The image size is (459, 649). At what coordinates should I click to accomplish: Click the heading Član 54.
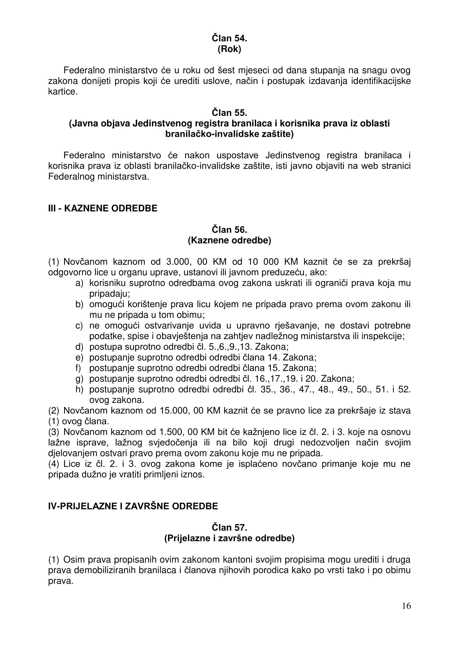(x=229, y=39)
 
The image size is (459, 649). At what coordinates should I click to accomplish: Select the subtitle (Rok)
(x=229, y=49)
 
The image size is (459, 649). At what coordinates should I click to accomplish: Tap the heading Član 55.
(x=229, y=113)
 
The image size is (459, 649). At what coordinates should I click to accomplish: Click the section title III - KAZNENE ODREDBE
(x=103, y=208)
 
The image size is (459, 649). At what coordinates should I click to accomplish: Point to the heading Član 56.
(x=229, y=229)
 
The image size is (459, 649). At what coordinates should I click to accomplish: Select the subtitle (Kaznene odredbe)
(x=229, y=240)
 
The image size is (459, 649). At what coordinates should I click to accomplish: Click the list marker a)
(x=79, y=283)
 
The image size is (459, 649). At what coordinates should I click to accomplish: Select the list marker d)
(x=79, y=347)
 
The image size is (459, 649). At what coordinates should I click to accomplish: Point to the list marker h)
(x=79, y=390)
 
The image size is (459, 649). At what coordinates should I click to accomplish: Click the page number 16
(x=407, y=614)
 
